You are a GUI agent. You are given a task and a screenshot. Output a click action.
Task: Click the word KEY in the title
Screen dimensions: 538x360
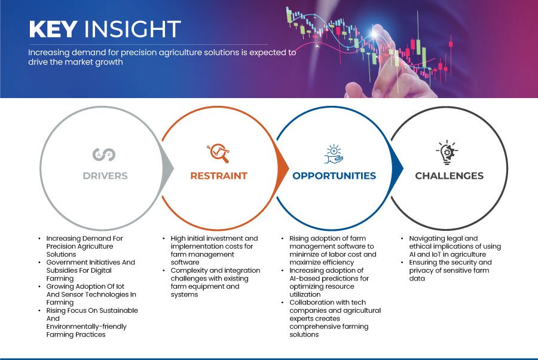53,29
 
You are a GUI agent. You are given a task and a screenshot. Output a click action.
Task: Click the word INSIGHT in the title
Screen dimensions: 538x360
133,29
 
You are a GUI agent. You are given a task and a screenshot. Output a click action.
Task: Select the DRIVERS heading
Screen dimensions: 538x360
105,176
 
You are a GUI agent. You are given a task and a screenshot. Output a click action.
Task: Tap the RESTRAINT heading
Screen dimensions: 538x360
219,176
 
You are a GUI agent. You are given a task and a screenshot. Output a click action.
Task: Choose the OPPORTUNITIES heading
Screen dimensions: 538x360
334,176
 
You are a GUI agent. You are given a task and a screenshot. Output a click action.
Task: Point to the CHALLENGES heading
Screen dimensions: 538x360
449,176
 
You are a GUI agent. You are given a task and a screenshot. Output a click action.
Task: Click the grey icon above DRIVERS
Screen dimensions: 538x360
104,154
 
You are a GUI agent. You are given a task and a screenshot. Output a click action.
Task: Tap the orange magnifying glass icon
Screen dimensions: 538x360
218,153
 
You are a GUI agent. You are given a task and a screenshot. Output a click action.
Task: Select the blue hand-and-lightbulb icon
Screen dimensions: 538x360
334,154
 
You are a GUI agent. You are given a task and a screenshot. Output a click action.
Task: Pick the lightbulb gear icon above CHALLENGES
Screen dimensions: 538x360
447,152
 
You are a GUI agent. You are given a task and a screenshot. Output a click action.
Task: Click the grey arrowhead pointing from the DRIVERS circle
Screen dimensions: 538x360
168,168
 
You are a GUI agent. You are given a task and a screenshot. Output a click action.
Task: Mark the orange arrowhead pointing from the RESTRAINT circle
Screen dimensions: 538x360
283,168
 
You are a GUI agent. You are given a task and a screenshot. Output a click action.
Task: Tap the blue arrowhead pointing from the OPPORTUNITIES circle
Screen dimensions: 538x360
398,168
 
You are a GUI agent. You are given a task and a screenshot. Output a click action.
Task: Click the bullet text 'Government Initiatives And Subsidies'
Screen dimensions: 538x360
91,270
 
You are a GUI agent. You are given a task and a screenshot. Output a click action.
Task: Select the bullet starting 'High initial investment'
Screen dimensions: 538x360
214,250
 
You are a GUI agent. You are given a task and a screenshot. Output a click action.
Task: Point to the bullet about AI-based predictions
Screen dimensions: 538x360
329,282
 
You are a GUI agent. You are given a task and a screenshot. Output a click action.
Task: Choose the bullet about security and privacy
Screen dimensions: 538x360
450,270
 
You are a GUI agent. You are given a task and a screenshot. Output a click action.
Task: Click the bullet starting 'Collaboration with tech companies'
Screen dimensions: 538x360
335,319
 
